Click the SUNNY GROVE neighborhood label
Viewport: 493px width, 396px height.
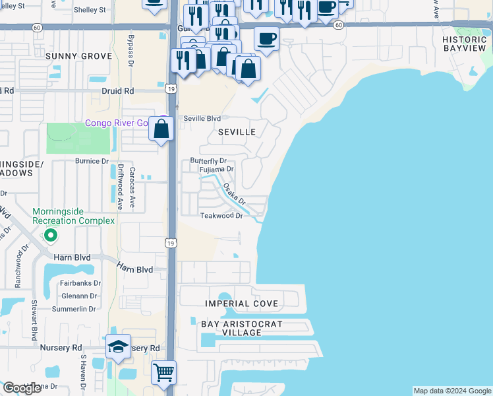click(x=78, y=57)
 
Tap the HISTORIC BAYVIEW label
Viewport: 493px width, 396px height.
click(x=465, y=44)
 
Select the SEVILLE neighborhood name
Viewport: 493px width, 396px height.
click(x=237, y=132)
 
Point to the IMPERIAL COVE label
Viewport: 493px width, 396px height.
click(x=241, y=304)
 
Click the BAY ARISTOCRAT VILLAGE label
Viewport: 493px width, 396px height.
click(x=241, y=328)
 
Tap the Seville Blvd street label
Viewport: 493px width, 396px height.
click(x=202, y=119)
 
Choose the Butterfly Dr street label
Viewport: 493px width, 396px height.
click(x=208, y=161)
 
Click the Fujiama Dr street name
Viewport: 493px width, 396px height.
click(x=216, y=170)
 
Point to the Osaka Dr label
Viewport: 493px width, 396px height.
click(x=233, y=193)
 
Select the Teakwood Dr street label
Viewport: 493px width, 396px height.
click(x=221, y=216)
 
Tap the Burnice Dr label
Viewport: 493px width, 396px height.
click(x=91, y=161)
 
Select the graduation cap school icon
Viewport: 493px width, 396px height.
click(x=118, y=347)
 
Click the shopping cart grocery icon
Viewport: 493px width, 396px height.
click(x=163, y=372)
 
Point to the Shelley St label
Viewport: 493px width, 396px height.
click(x=90, y=10)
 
